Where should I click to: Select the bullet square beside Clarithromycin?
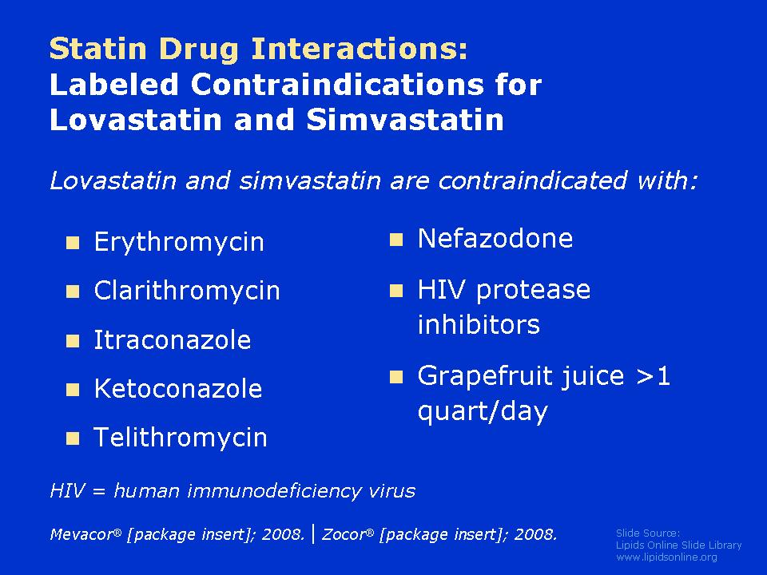[x=73, y=292]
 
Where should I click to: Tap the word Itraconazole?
[x=173, y=340]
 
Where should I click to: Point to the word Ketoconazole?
[x=178, y=389]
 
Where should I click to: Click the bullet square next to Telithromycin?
[x=73, y=438]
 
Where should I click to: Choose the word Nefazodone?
[x=495, y=239]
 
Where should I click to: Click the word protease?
[x=533, y=291]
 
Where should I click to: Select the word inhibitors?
[x=479, y=324]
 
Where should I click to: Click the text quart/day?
[x=483, y=412]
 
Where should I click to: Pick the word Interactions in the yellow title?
[x=360, y=49]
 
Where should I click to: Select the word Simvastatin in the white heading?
[x=405, y=120]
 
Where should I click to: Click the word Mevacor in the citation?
[x=82, y=534]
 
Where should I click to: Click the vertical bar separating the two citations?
[x=313, y=534]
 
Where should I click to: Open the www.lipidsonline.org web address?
[x=666, y=557]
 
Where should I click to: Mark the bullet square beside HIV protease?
[x=396, y=291]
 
